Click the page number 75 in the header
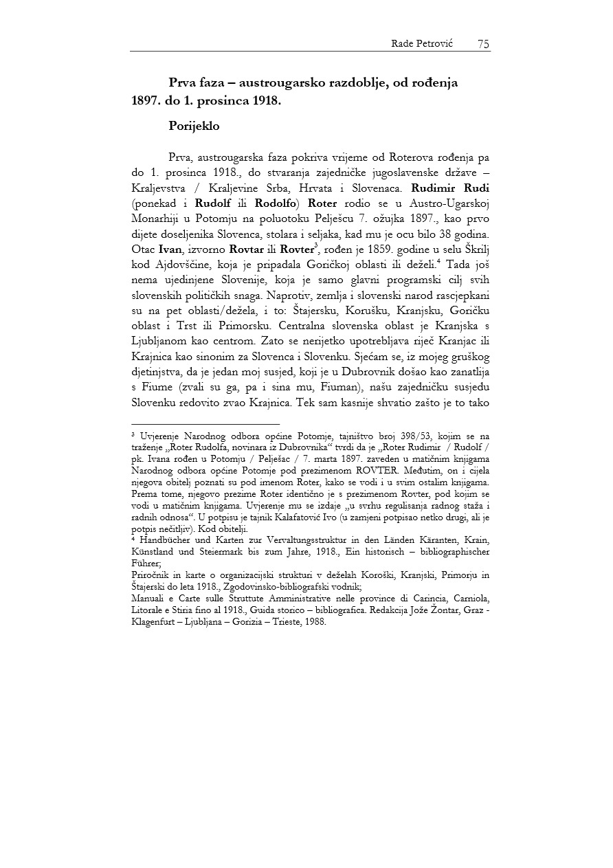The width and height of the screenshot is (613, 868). coord(483,44)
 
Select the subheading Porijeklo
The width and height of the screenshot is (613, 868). coord(194,126)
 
